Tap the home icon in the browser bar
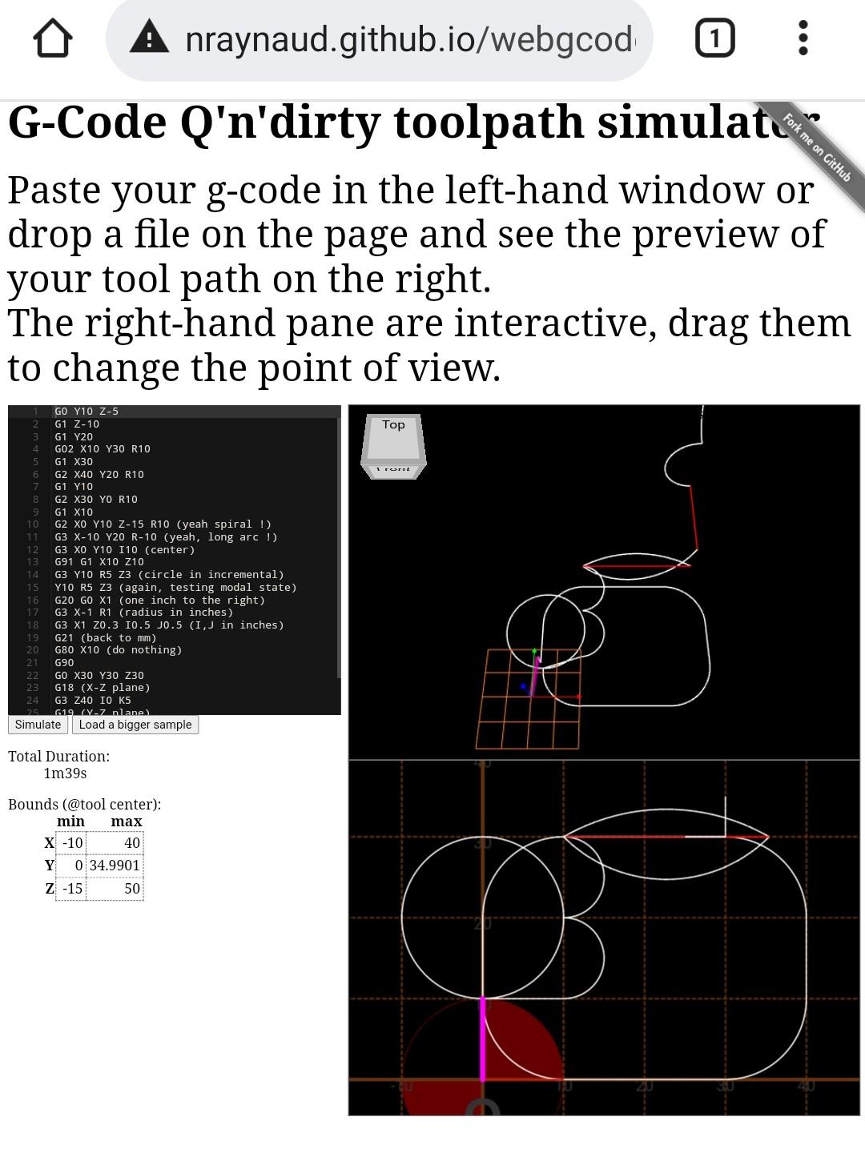tap(53, 38)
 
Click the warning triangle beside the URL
tap(149, 38)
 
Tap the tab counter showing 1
tap(714, 38)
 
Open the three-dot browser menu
tap(803, 38)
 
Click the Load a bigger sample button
tap(135, 725)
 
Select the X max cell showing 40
tap(115, 842)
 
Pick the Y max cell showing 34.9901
tap(115, 866)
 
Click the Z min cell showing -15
tap(71, 889)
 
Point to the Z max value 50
tap(115, 889)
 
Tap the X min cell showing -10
tap(71, 842)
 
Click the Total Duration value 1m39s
tap(65, 773)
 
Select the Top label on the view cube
tap(393, 425)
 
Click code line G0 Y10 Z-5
tap(86, 412)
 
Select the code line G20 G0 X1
tap(159, 601)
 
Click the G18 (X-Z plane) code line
tap(102, 688)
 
